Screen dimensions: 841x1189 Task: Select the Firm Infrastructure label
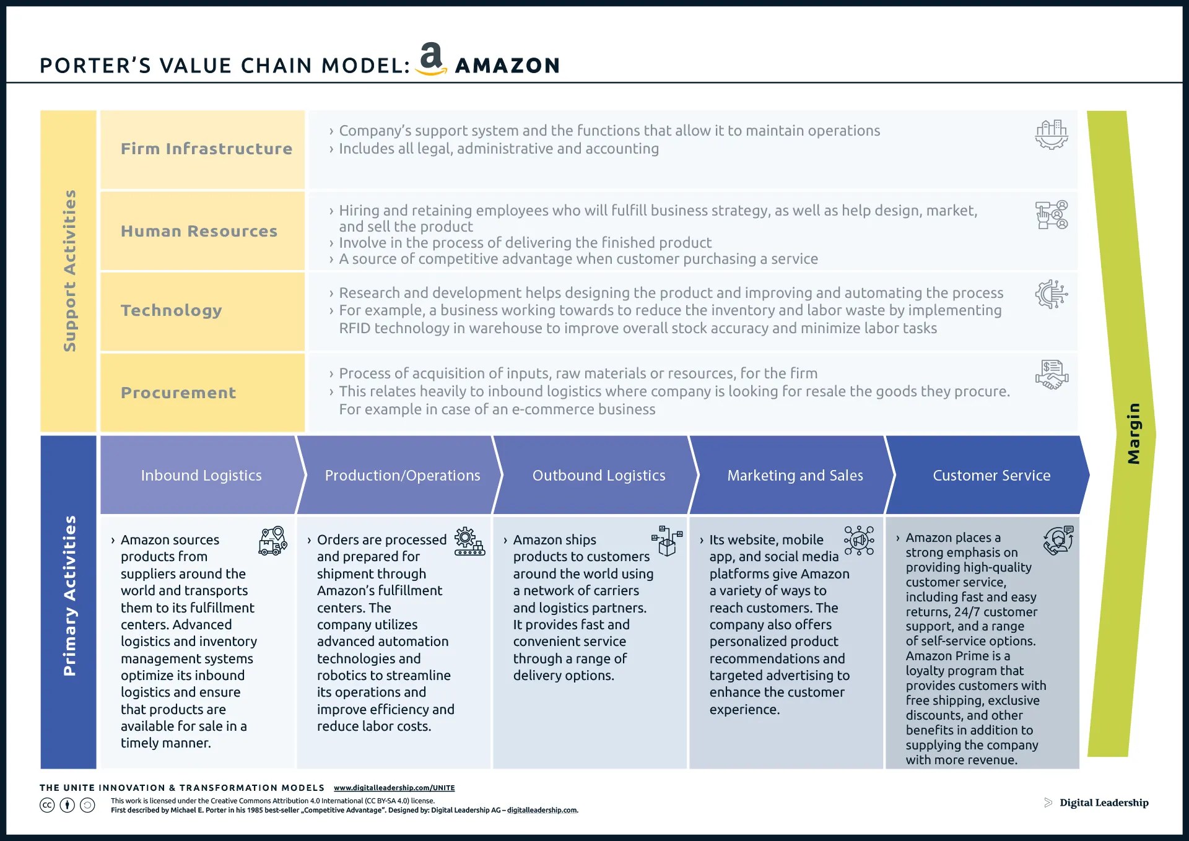[x=206, y=149]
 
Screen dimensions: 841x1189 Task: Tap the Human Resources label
[x=199, y=231]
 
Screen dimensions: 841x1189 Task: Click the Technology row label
[x=171, y=310]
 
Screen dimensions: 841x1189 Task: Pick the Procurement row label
[x=178, y=393]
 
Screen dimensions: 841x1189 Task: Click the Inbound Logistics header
[x=201, y=475]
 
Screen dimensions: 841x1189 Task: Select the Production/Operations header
[x=403, y=475]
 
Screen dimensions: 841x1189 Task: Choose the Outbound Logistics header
[x=599, y=475]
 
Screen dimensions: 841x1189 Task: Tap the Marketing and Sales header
[x=795, y=475]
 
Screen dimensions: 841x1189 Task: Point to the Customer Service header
[x=991, y=475]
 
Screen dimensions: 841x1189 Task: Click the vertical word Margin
[x=1133, y=434]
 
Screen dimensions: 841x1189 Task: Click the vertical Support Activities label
[x=69, y=271]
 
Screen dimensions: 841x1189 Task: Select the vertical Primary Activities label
[x=69, y=596]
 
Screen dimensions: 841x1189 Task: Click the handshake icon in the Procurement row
[x=1052, y=375]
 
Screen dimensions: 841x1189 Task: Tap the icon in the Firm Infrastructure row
[x=1052, y=134]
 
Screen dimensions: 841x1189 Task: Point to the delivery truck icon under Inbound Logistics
[x=272, y=541]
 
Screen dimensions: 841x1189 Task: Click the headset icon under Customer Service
[x=1058, y=540]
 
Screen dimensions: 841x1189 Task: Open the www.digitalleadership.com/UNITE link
[x=394, y=788]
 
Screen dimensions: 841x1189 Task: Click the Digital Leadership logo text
[x=1104, y=803]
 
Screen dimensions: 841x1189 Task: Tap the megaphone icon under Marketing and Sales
[x=859, y=541]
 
